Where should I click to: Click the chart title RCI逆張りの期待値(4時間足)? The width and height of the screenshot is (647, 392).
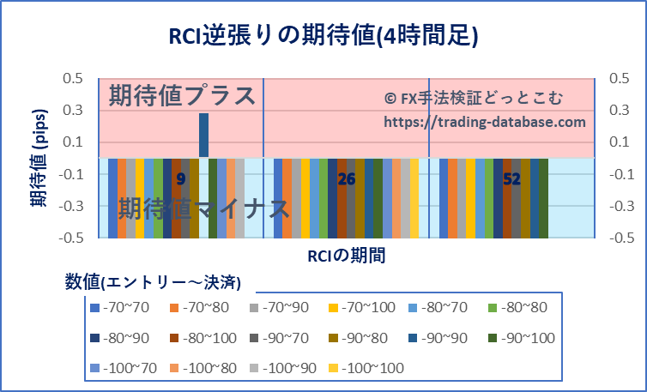[x=323, y=35]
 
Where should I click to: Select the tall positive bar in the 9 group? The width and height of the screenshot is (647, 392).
[x=204, y=135]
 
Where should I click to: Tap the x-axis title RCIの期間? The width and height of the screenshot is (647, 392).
[x=346, y=255]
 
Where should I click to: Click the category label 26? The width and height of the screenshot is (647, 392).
[x=346, y=179]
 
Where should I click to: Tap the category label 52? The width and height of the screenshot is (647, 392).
[x=511, y=179]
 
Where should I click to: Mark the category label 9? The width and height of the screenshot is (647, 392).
[x=180, y=179]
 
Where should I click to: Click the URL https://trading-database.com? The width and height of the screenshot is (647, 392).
[x=484, y=122]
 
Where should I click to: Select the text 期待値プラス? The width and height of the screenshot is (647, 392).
[x=183, y=94]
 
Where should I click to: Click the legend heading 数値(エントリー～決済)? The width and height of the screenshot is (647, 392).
[x=152, y=281]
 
